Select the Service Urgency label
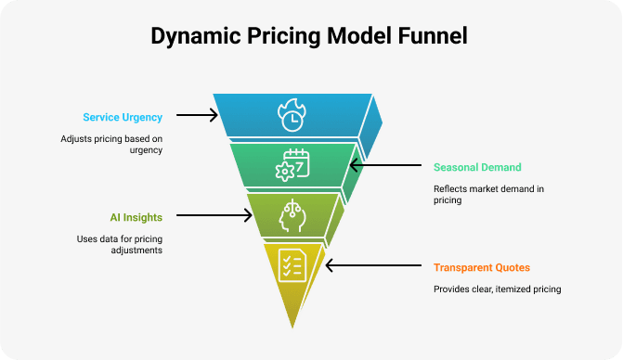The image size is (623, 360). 123,118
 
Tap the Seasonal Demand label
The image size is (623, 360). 477,168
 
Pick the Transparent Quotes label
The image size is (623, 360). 482,267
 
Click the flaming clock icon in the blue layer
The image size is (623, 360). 292,116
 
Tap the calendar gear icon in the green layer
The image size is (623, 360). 292,165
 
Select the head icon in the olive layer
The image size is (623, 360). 292,214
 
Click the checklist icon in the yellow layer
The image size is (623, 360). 292,264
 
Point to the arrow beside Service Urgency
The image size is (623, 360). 196,116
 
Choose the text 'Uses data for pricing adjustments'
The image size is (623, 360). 119,244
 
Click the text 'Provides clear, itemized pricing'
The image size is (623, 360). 497,289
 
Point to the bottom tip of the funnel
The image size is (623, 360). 293,325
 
